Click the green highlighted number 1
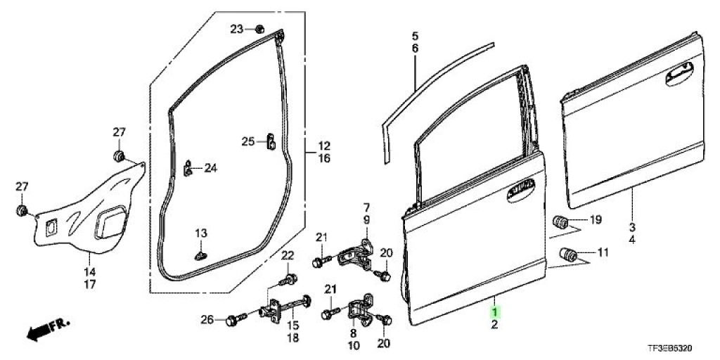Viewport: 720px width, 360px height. tap(494, 313)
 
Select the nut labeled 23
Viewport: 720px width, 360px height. tap(259, 30)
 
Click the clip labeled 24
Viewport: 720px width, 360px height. tap(188, 169)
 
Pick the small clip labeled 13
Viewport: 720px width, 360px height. tap(200, 255)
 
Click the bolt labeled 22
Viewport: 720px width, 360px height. tap(288, 280)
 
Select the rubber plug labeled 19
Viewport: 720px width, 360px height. tap(560, 221)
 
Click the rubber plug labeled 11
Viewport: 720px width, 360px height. tap(568, 254)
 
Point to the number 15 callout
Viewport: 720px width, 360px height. tap(293, 326)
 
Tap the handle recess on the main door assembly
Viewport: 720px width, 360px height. tap(521, 191)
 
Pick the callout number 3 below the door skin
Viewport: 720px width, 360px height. tap(632, 227)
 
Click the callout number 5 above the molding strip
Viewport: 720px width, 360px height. tap(415, 35)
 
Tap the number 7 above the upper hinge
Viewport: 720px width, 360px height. tap(367, 207)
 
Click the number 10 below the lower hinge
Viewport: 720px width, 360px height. tap(354, 345)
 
